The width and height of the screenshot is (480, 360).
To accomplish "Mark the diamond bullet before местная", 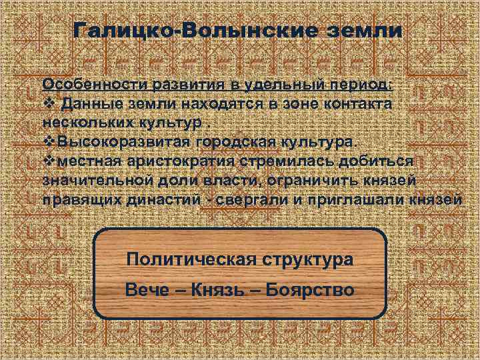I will (x=47, y=161).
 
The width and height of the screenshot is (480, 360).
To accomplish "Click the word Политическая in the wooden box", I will (x=188, y=259).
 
